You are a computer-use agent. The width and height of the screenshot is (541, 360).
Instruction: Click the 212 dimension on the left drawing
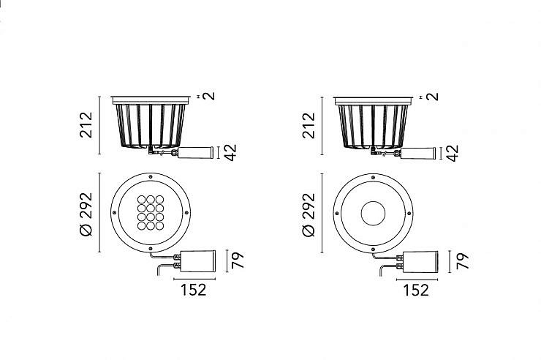click(86, 125)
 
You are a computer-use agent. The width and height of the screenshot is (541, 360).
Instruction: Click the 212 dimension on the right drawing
click(309, 126)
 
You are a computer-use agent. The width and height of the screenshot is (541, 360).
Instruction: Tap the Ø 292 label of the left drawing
click(86, 214)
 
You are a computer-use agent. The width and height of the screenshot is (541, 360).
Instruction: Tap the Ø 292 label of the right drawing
click(309, 215)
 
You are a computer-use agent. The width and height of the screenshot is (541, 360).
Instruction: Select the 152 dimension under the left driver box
click(194, 290)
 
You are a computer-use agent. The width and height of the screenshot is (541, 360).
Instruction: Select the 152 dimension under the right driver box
click(416, 290)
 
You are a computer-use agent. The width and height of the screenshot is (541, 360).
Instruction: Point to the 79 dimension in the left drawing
click(238, 260)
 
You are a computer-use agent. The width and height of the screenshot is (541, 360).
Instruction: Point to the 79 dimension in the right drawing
click(462, 261)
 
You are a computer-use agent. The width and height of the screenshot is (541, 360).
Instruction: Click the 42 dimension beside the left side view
click(230, 152)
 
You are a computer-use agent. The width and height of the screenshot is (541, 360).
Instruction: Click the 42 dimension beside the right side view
click(453, 153)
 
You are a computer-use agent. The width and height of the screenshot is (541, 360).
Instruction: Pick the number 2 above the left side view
click(209, 96)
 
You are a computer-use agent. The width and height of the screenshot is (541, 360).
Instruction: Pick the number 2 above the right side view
click(432, 97)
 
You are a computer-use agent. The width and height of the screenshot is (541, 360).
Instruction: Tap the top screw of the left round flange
click(150, 177)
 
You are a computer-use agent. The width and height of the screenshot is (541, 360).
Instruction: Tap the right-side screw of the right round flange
click(409, 214)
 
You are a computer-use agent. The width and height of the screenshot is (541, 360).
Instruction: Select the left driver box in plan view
click(198, 261)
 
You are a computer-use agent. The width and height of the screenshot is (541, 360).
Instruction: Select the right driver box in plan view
click(420, 262)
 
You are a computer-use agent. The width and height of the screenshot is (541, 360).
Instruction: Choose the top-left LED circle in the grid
click(141, 200)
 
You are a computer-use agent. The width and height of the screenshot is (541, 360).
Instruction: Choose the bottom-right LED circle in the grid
click(159, 226)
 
